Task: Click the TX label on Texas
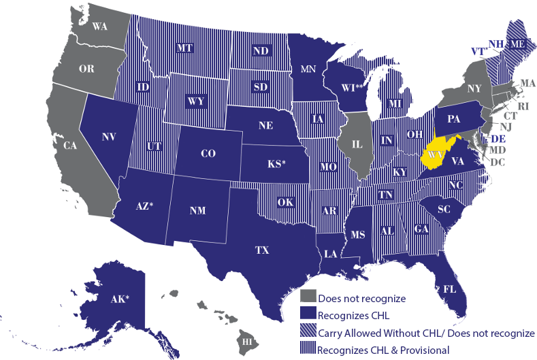click(x=263, y=250)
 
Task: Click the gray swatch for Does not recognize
click(x=308, y=297)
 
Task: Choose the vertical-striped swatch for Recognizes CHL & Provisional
click(x=308, y=349)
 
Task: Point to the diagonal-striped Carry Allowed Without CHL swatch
click(x=308, y=332)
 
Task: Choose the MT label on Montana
click(x=184, y=48)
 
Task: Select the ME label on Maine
click(x=518, y=44)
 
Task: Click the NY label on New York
click(x=474, y=88)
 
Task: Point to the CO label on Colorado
click(x=208, y=154)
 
